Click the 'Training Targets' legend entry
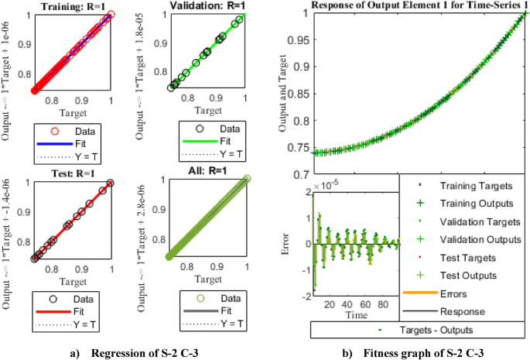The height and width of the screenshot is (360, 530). click(476, 186)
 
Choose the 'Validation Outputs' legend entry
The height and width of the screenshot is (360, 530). click(480, 239)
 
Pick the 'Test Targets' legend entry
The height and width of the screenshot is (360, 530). click(469, 257)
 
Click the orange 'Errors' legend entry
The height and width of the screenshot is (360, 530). click(456, 293)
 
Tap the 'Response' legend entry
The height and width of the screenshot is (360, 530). click(462, 311)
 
